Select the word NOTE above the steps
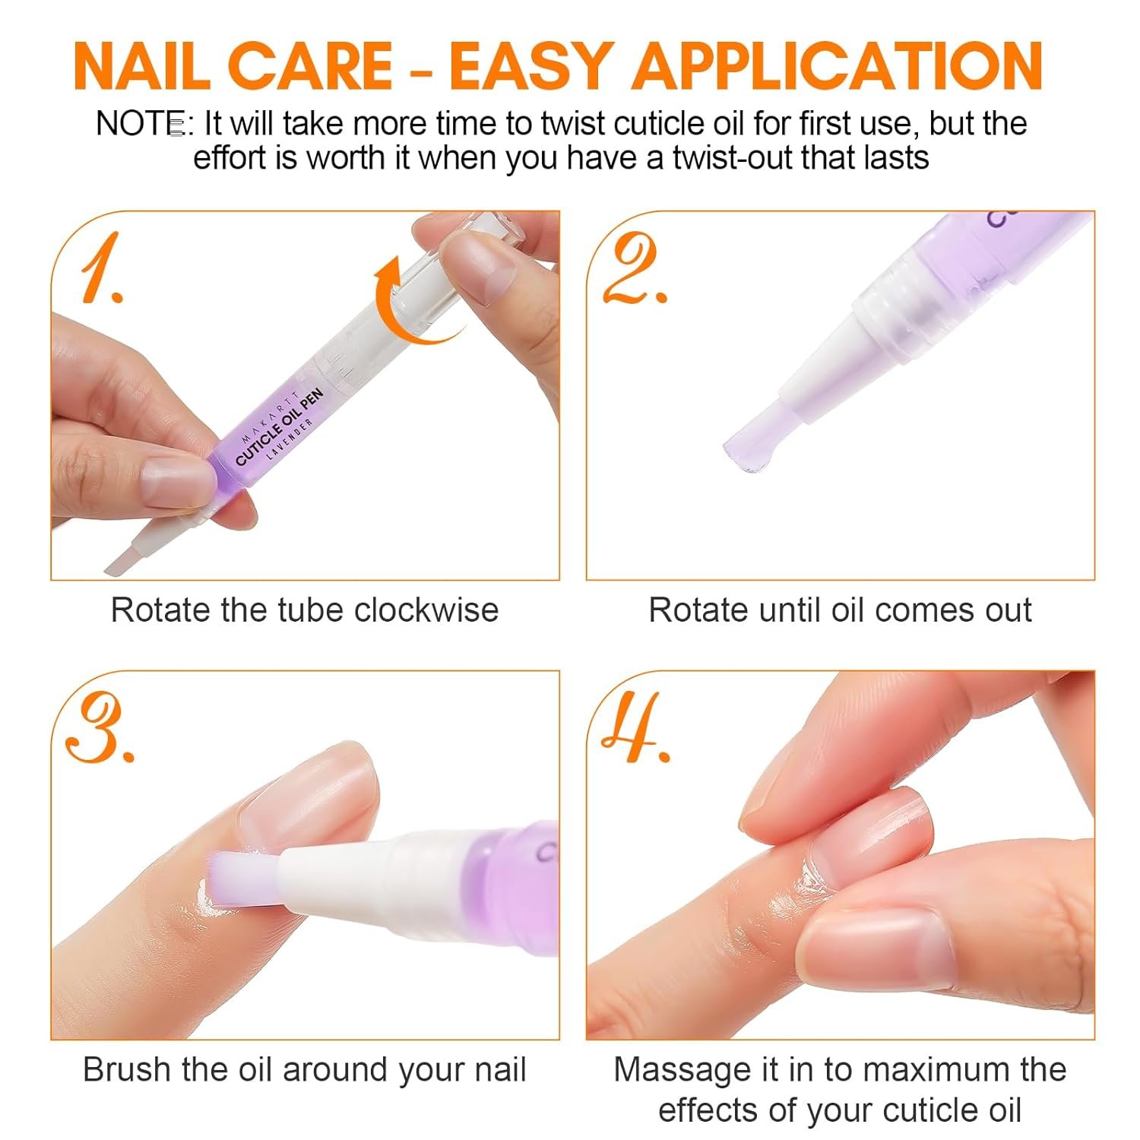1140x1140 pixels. point(141,124)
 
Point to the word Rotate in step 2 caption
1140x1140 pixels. point(697,610)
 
